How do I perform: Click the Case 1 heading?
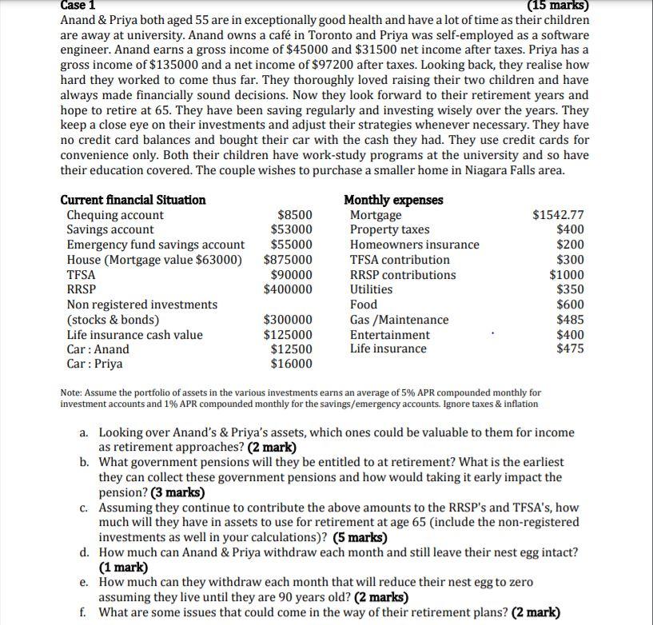coord(78,4)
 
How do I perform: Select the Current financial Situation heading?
coord(133,199)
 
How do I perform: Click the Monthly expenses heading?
coord(393,199)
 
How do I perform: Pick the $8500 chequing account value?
coord(294,215)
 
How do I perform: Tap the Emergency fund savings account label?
coord(156,245)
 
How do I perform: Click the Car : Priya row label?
coord(94,364)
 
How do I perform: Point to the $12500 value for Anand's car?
coord(292,349)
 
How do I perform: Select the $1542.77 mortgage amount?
coord(558,215)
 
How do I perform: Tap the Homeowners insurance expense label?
coord(415,245)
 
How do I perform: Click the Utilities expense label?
coord(371,289)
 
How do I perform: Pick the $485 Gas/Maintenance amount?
coord(570,320)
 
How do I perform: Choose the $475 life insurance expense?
coord(570,349)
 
